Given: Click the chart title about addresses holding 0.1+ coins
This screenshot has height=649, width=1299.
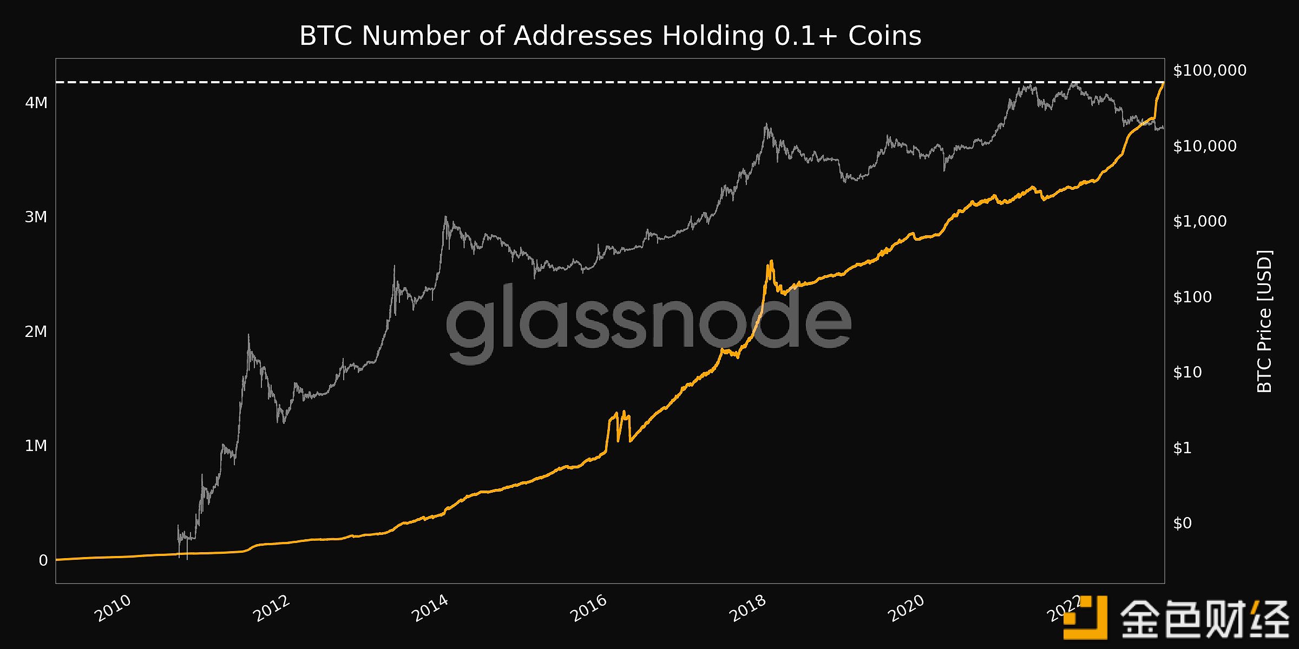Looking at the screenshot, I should (610, 36).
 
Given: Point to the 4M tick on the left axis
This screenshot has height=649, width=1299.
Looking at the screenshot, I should (36, 102).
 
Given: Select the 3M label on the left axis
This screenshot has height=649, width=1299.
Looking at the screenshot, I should (36, 217).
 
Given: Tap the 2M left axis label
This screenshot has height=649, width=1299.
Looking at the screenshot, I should (36, 332).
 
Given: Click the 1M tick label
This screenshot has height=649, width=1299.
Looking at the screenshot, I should (36, 446).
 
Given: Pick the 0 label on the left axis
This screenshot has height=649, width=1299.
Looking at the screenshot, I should (43, 560).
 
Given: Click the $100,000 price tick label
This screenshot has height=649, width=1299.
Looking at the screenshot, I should (1210, 70).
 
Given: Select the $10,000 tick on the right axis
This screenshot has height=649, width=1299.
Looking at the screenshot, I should (1205, 146).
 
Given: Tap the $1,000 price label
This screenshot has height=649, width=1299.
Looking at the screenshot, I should (1200, 221).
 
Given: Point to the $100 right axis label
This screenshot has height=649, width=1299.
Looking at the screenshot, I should (1192, 297).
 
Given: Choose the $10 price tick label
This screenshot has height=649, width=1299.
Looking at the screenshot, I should (1188, 372).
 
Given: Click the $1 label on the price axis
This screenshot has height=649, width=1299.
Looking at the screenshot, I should (1183, 448).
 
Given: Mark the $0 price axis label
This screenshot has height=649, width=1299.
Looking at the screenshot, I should (1183, 523).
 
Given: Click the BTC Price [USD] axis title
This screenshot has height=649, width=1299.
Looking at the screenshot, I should (1264, 321).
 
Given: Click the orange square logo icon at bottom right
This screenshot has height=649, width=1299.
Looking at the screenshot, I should (1085, 618).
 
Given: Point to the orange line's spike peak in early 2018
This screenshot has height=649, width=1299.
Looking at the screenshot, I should (771, 262).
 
